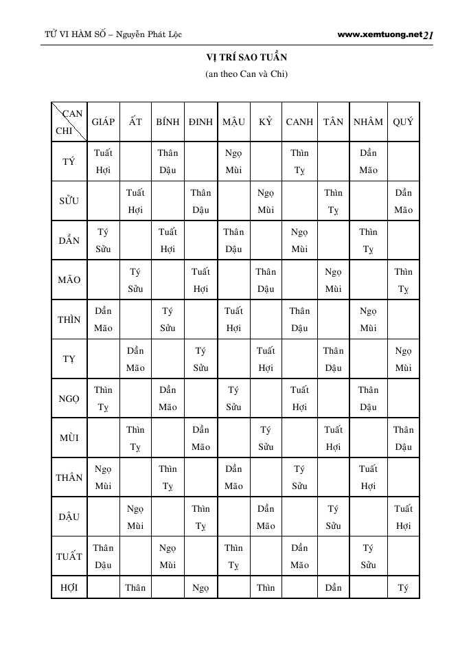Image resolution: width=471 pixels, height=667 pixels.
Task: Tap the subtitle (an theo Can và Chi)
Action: point(246,74)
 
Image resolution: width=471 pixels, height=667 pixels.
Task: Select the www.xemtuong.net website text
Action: point(379,34)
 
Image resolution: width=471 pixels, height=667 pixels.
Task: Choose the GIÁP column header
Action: point(103,122)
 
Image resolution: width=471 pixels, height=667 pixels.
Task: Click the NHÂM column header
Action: point(368,122)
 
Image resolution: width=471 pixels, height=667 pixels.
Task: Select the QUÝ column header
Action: point(403,122)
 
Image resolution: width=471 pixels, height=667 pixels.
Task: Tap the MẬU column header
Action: point(233,122)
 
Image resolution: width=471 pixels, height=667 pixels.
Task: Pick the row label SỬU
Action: point(69,201)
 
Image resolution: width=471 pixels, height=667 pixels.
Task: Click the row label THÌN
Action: point(69,319)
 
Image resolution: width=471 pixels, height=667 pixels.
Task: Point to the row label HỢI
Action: point(69,587)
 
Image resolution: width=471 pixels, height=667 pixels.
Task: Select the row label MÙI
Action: point(69,438)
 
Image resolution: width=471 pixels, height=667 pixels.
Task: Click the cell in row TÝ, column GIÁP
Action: point(103,161)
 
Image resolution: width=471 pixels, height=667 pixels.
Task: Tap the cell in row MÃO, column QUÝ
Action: point(403,280)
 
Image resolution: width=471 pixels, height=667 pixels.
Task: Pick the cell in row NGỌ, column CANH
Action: point(299,398)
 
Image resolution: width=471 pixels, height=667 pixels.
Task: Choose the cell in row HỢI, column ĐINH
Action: point(200,587)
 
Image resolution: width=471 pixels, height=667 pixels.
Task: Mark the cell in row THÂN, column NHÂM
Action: point(368,477)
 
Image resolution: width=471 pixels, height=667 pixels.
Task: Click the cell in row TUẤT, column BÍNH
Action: point(168,556)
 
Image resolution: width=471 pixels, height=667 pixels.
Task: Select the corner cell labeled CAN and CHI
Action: point(69,122)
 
